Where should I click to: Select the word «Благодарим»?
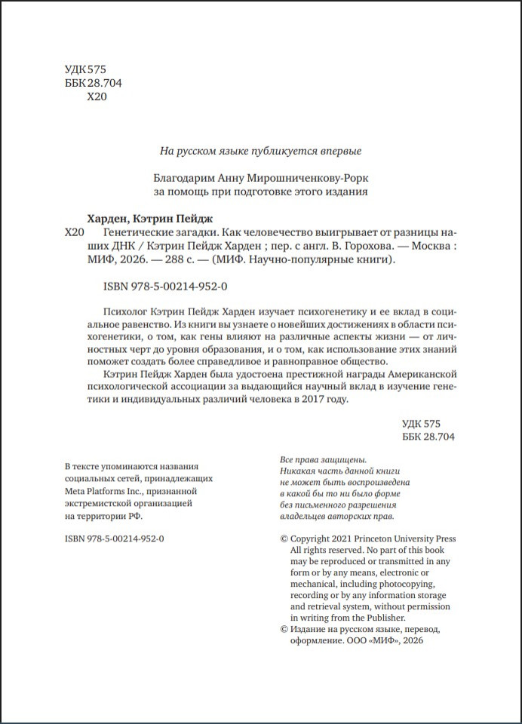[x=179, y=178]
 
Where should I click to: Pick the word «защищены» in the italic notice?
[x=345, y=459]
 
